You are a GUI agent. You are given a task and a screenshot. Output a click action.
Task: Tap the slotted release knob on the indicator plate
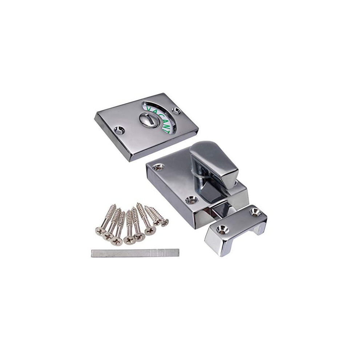tap(149, 119)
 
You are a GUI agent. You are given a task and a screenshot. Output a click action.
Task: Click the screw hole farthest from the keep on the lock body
tap(159, 167)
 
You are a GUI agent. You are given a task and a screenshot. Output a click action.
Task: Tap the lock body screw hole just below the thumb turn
tap(190, 200)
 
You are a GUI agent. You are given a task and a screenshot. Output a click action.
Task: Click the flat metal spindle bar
tap(135, 253)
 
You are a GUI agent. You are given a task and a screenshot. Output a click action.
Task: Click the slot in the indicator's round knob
tap(149, 119)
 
